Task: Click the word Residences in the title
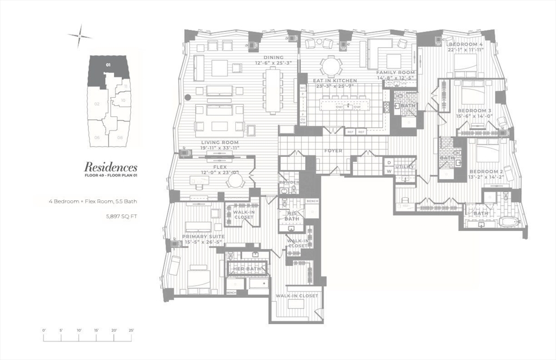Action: click(x=110, y=167)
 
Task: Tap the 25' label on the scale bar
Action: click(x=131, y=330)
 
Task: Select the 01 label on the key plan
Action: click(x=109, y=65)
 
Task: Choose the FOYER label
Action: click(x=333, y=150)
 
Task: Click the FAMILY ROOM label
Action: click(x=396, y=72)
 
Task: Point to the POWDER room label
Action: click(x=289, y=182)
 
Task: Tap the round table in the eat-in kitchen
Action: click(x=331, y=66)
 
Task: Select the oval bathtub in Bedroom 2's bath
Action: click(x=510, y=222)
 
